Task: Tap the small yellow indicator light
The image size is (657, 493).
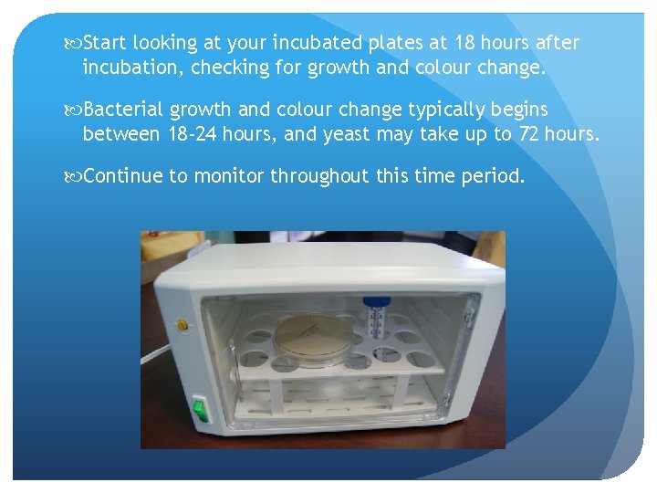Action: [x=182, y=324]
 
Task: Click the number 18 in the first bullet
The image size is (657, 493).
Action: [x=465, y=43]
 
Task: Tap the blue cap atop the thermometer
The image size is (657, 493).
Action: [x=372, y=300]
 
